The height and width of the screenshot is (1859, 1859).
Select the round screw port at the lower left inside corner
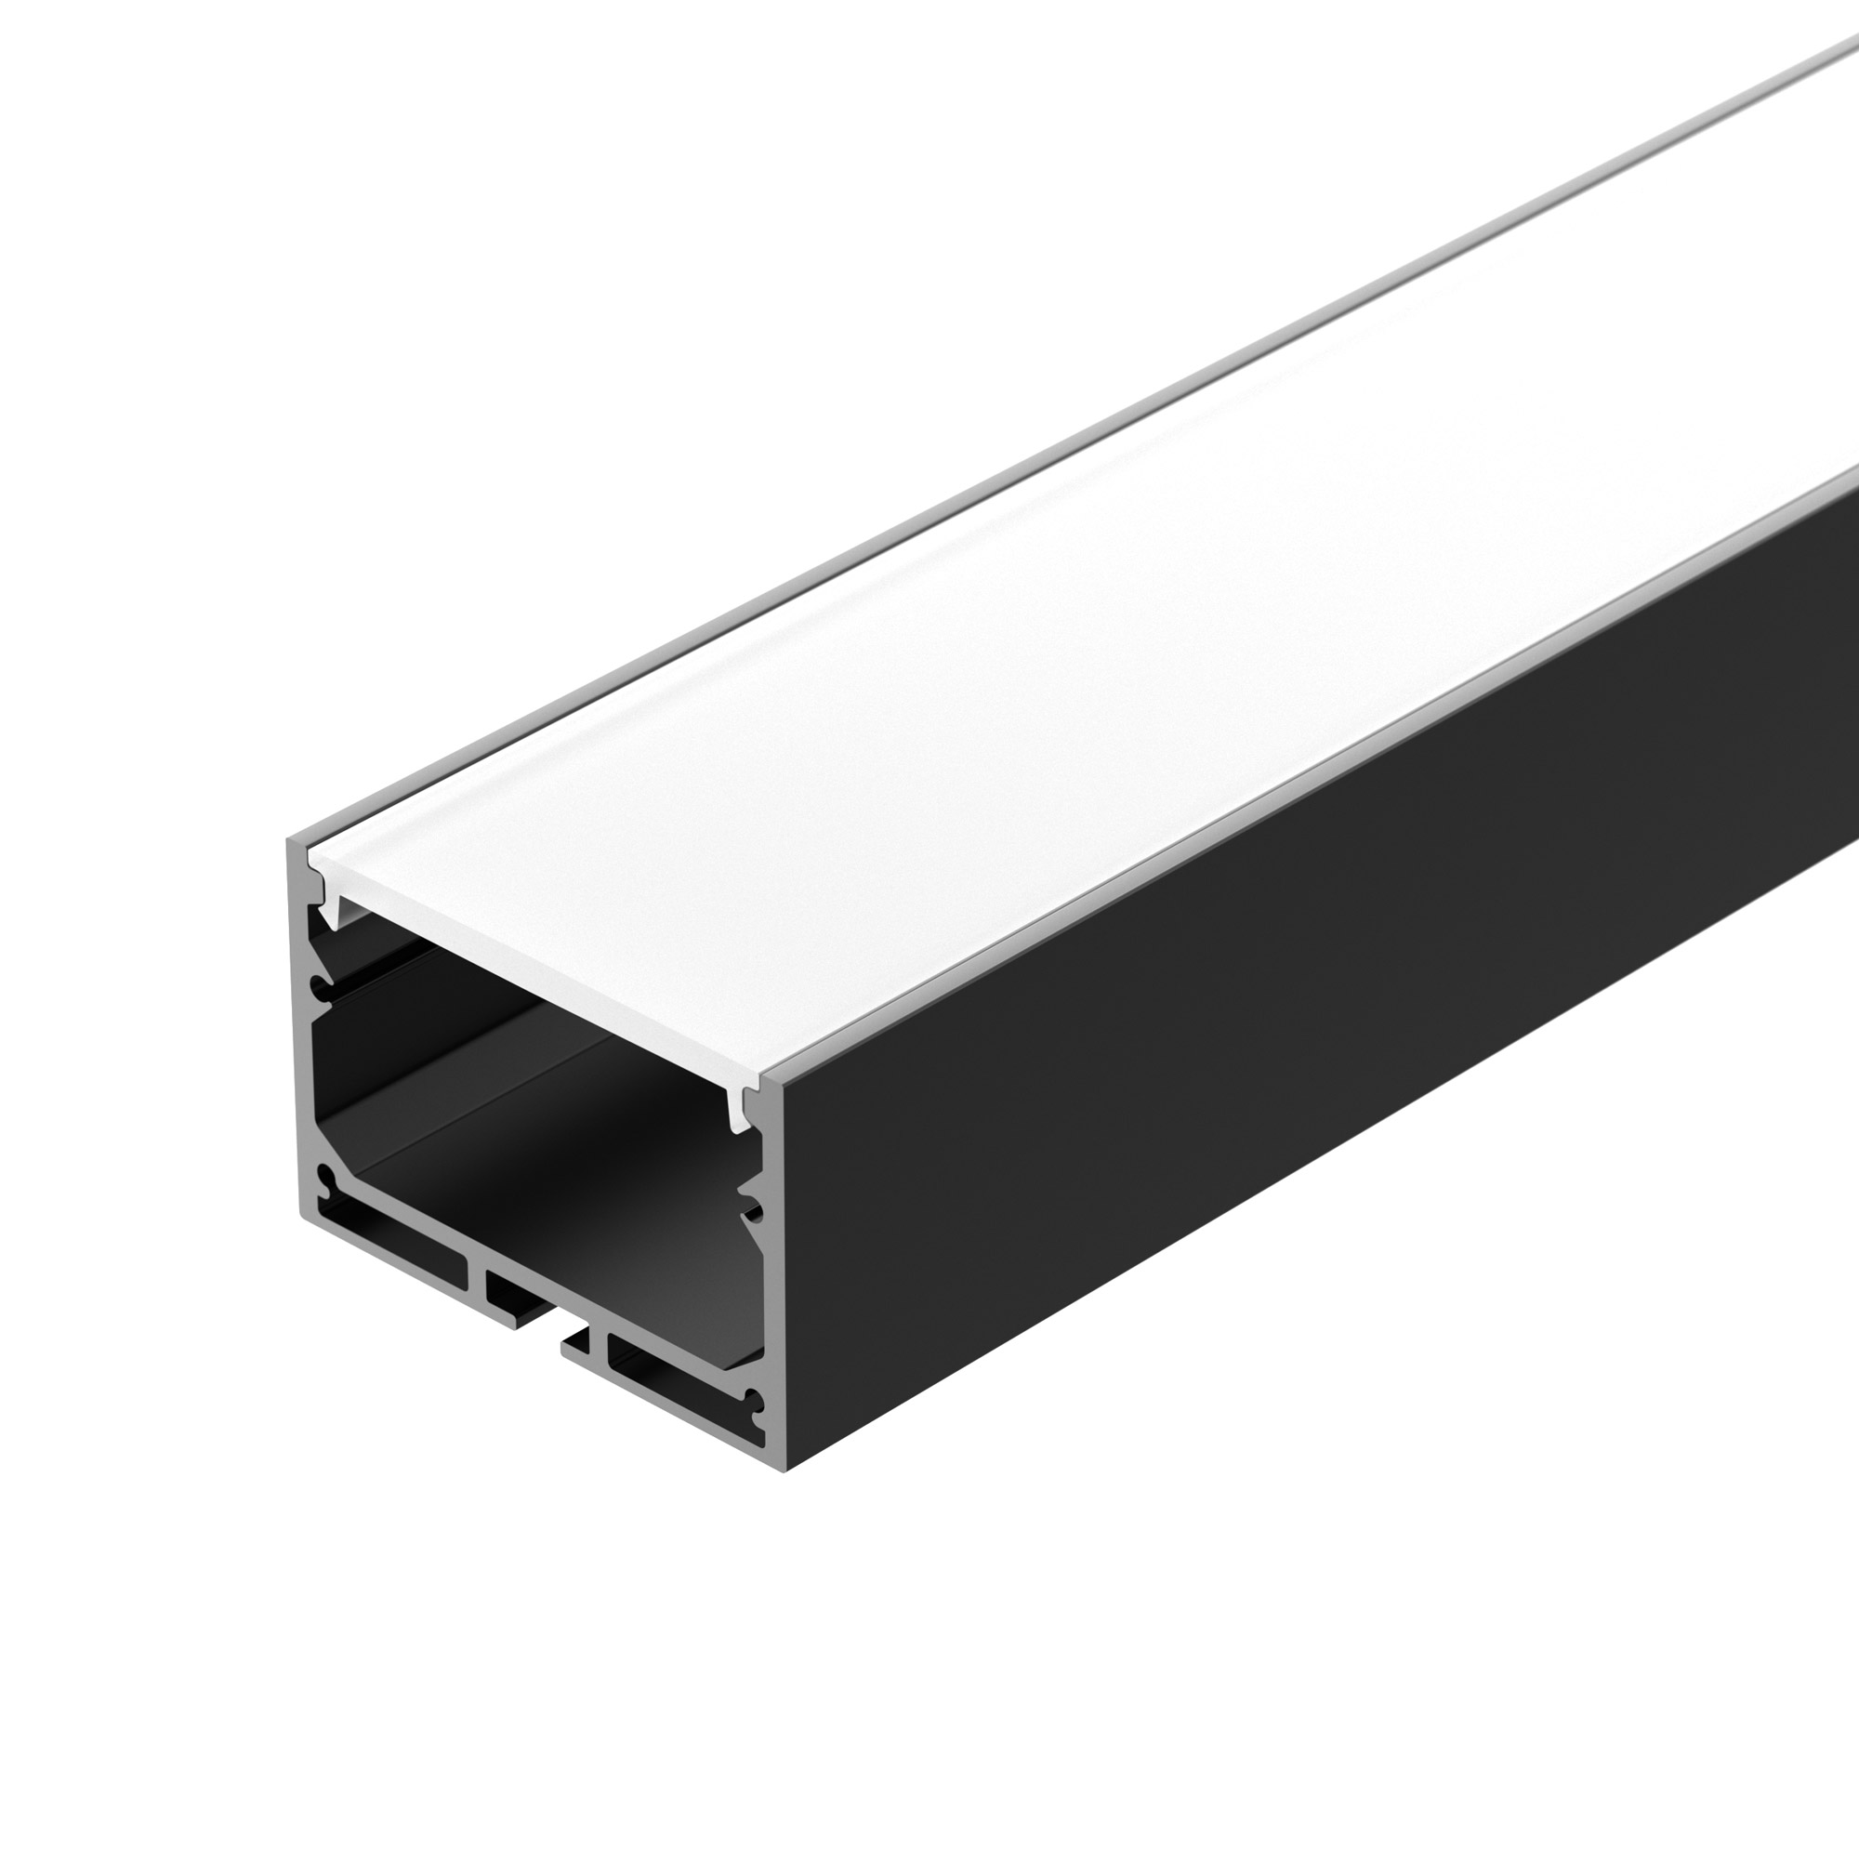[326, 1178]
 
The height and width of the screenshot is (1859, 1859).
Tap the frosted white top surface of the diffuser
[1059, 626]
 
